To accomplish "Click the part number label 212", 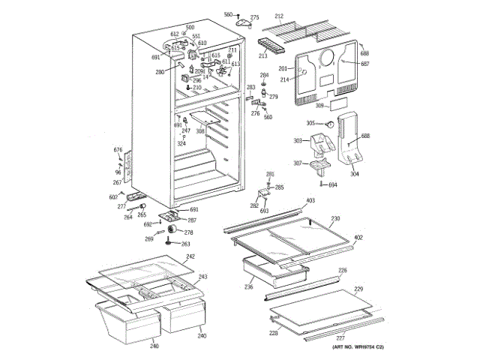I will pos(279,16).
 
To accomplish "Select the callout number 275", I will pos(254,17).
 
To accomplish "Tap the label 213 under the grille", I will pos(263,55).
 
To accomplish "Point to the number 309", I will pos(319,106).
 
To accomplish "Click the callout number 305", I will pos(310,123).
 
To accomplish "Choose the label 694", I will pos(333,184).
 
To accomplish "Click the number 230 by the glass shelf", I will pos(335,218).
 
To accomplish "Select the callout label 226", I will pos(342,270).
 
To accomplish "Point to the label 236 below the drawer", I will pos(248,286).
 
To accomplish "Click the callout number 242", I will pos(190,256).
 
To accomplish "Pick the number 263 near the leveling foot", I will pos(185,244).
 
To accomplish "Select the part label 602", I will pos(113,196).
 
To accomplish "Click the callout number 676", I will pos(118,151).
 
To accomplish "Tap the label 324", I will pos(181,144).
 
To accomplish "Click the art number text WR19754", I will pos(363,346).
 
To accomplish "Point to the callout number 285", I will pos(279,187).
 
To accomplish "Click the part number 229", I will pos(358,289).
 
